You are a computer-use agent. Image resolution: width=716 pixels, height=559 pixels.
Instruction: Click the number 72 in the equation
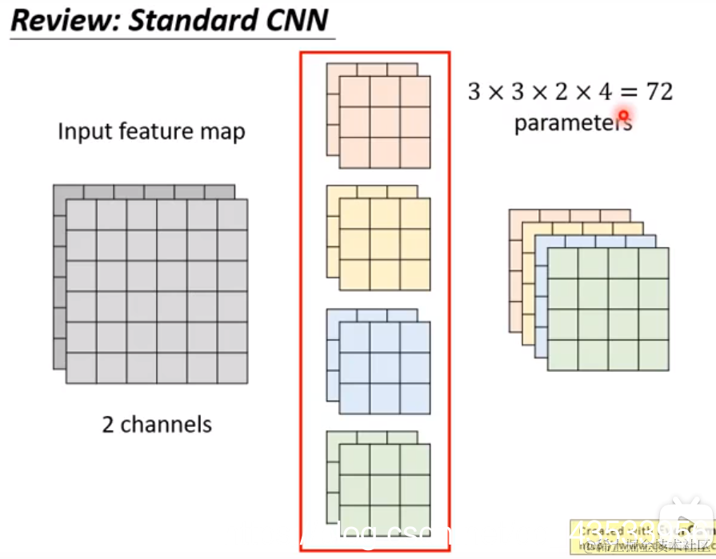click(x=659, y=91)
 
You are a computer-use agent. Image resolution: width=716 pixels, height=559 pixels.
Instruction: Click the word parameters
click(x=573, y=123)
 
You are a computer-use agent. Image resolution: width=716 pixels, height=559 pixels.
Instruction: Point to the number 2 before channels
click(x=109, y=423)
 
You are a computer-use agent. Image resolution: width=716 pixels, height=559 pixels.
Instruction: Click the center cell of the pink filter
click(x=385, y=122)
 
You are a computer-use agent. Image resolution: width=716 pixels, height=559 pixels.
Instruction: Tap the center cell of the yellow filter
click(x=385, y=245)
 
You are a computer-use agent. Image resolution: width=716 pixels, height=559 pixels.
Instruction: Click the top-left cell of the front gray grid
click(x=81, y=215)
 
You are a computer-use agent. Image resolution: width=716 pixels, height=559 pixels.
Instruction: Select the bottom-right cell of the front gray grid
click(x=232, y=367)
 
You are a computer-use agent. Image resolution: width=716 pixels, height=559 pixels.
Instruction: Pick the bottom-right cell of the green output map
click(x=653, y=354)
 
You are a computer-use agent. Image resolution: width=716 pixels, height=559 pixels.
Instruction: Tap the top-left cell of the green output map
click(x=562, y=263)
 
